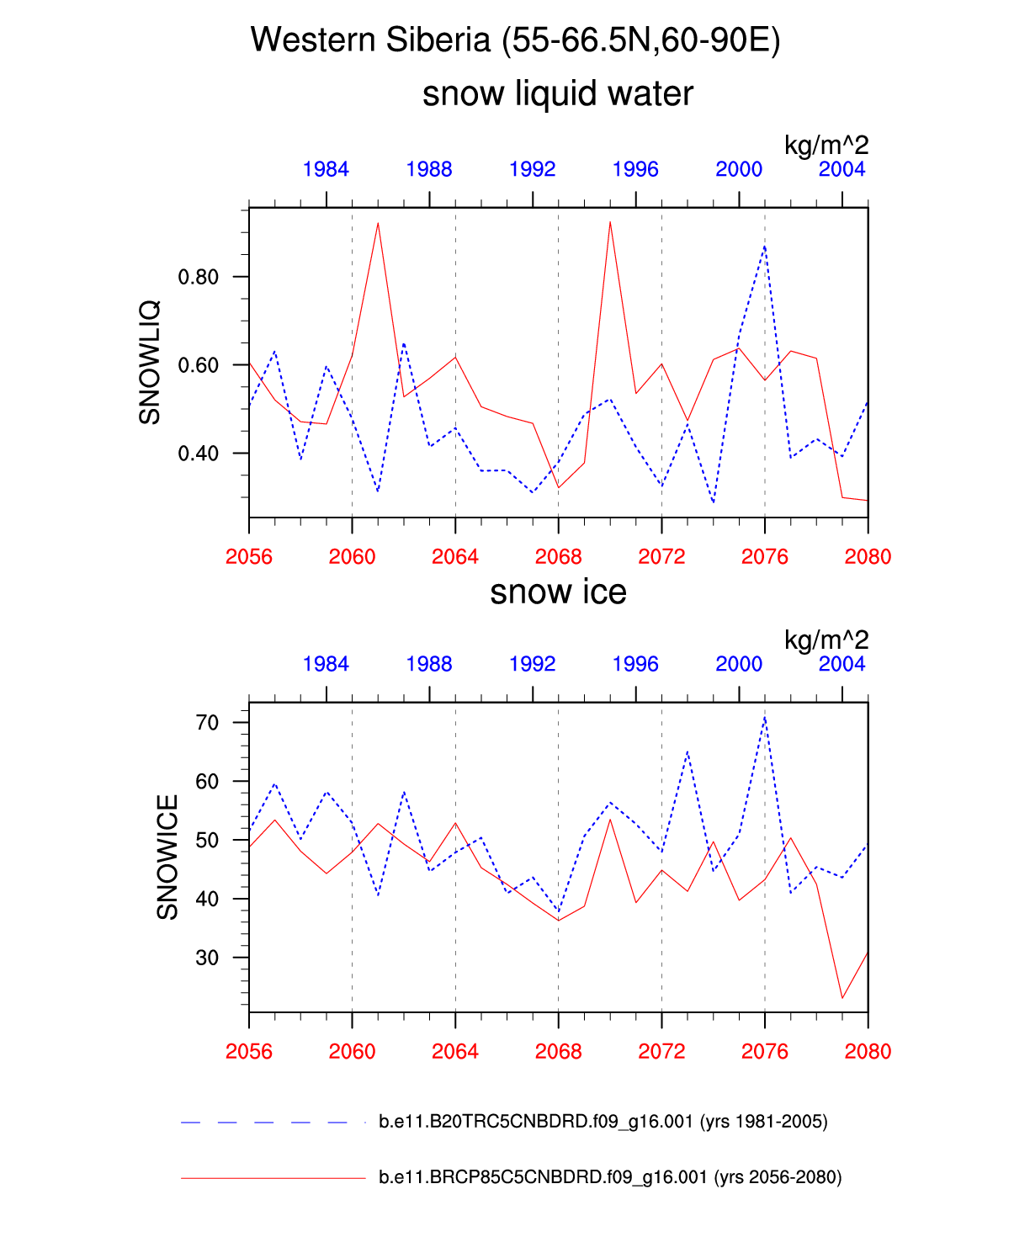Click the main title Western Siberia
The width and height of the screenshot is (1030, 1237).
click(x=515, y=40)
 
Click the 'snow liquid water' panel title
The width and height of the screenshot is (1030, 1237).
click(x=558, y=93)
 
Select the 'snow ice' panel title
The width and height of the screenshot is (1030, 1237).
click(x=558, y=592)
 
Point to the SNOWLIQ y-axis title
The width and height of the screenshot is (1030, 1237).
click(x=149, y=363)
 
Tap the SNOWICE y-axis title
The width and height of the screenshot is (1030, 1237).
click(x=167, y=857)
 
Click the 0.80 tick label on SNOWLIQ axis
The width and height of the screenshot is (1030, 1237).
click(x=198, y=277)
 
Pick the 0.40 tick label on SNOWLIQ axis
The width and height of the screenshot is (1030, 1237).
click(x=198, y=454)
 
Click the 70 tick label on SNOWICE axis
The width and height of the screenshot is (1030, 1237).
click(x=207, y=723)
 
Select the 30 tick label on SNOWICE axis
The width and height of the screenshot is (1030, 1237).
click(x=207, y=958)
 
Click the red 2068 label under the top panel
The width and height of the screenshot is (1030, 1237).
click(x=559, y=557)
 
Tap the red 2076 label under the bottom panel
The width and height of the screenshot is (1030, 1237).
click(x=765, y=1052)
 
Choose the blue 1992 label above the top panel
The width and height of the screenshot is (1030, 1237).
click(x=533, y=169)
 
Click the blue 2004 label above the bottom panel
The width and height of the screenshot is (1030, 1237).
click(x=842, y=664)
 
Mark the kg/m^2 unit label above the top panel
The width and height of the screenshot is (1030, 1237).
click(x=826, y=145)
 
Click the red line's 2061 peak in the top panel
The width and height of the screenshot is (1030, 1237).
click(x=378, y=224)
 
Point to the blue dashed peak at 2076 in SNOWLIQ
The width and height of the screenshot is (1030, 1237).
click(x=764, y=246)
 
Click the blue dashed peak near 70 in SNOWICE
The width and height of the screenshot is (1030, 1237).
click(x=764, y=717)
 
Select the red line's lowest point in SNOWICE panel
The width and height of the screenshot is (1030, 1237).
click(x=842, y=998)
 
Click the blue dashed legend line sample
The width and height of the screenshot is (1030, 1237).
click(x=264, y=1123)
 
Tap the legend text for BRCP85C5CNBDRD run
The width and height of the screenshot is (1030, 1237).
click(x=610, y=1177)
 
